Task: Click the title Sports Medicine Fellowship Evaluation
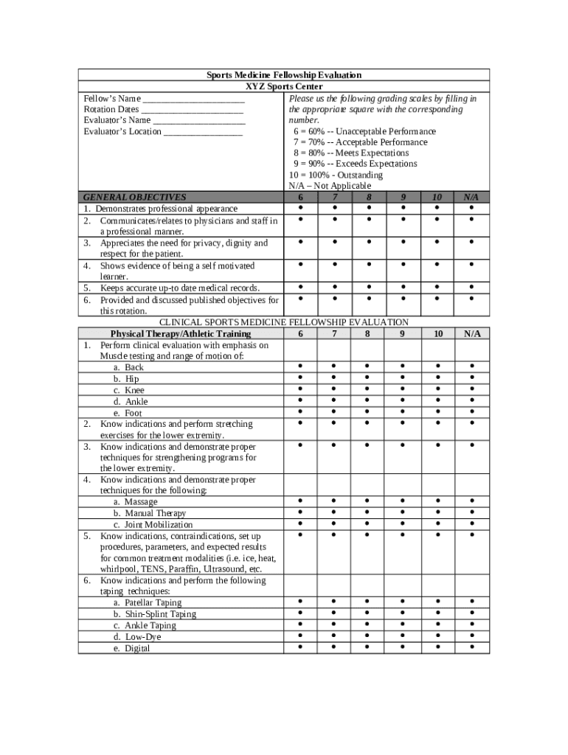283,75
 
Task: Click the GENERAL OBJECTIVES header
135,198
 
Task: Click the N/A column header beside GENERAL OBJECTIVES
471,198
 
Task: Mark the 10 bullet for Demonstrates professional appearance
437,208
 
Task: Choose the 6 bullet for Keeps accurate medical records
300,288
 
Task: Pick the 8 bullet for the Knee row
367,389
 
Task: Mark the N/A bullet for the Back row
471,366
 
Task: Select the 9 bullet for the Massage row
403,501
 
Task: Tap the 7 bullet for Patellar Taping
333,602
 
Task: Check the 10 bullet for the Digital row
437,647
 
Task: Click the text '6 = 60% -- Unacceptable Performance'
364,131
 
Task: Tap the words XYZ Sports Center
283,87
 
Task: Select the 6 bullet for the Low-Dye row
300,636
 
